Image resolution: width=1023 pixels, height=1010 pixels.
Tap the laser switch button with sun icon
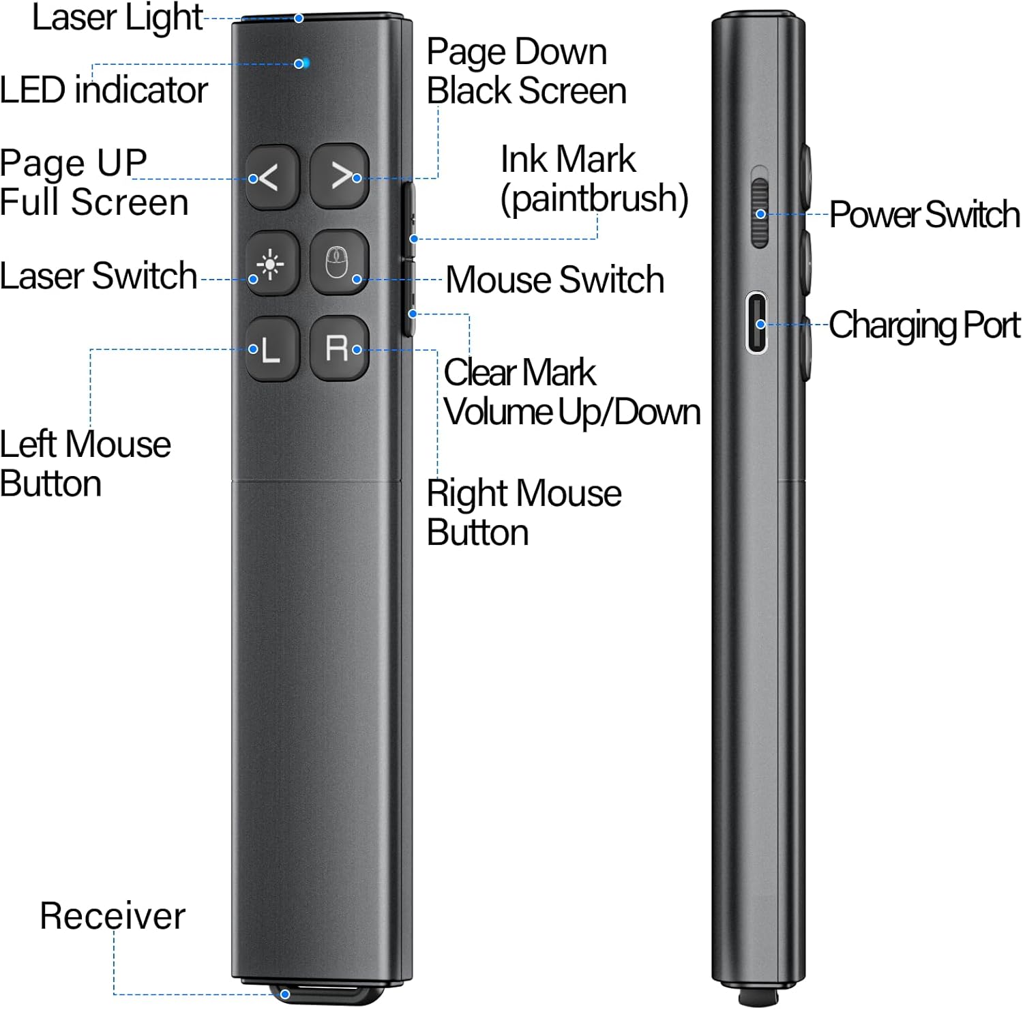click(272, 263)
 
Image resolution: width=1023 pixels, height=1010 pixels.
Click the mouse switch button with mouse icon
click(339, 262)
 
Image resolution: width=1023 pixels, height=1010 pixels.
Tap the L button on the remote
click(272, 348)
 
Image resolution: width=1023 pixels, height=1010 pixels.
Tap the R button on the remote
click(339, 348)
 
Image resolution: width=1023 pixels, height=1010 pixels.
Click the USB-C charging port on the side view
click(756, 323)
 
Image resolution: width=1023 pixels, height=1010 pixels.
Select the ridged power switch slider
click(759, 213)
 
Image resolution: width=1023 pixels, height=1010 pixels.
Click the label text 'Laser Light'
click(117, 18)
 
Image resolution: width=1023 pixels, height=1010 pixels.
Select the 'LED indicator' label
click(104, 91)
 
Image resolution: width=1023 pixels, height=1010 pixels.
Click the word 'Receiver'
click(113, 916)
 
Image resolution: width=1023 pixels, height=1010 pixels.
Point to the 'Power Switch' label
click(925, 215)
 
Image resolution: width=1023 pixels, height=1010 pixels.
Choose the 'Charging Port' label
click(925, 326)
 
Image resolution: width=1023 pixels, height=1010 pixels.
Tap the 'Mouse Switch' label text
click(555, 280)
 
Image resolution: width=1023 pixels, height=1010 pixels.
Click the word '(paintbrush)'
click(595, 199)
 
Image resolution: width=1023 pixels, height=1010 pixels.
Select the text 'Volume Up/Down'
click(572, 413)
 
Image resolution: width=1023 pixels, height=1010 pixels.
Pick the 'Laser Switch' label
click(99, 276)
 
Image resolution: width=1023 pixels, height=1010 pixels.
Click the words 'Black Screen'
click(527, 91)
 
